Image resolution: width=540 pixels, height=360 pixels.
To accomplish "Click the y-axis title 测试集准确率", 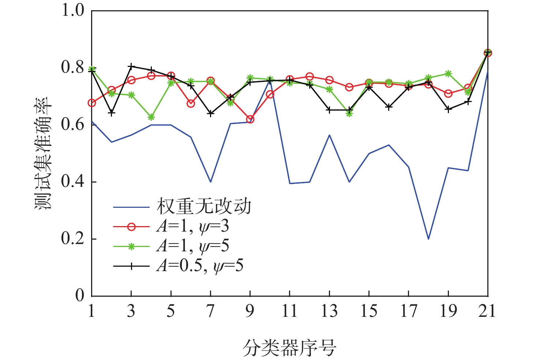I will tap(43, 154).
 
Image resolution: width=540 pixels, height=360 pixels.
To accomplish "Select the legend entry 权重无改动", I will tap(204, 207).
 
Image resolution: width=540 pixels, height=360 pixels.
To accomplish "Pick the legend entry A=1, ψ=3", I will tap(193, 226).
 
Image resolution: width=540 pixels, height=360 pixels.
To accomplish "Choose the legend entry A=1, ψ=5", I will tap(193, 246).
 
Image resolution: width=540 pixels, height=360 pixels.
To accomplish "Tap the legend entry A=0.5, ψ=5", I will tap(200, 266).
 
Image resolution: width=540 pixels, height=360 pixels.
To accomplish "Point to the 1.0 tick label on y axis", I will tap(73, 10).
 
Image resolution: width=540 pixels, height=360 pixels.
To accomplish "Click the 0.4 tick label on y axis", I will tap(73, 182).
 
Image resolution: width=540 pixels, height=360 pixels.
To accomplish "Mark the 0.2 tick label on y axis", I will tap(73, 239).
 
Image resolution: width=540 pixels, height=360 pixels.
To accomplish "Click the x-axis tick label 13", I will tap(329, 311).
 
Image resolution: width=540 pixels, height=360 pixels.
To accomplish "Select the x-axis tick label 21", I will tap(487, 311).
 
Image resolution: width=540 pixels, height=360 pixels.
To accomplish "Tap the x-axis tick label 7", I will tap(210, 311).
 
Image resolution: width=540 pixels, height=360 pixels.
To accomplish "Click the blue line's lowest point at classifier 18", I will tap(428, 239).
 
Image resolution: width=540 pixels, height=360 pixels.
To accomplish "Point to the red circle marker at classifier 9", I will tap(250, 120).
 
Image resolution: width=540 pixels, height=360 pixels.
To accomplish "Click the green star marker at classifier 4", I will tap(151, 117).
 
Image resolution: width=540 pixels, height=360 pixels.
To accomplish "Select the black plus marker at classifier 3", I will tap(131, 67).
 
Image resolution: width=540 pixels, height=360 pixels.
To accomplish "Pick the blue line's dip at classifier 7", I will tap(210, 182).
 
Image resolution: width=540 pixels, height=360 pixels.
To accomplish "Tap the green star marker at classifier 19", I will tap(448, 74).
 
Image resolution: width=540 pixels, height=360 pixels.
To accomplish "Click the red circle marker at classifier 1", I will tap(92, 103).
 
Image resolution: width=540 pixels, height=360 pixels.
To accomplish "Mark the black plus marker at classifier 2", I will tap(112, 113).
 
